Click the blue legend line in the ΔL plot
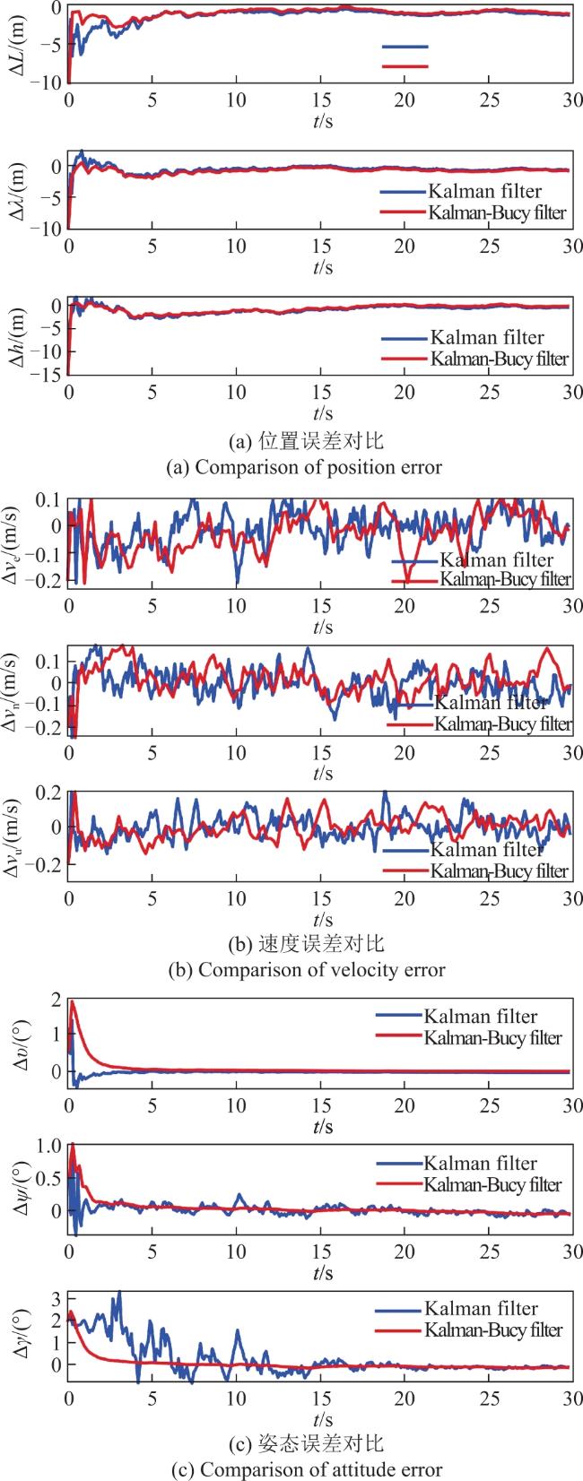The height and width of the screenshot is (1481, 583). (x=405, y=47)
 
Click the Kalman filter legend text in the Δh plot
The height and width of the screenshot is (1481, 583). (x=487, y=337)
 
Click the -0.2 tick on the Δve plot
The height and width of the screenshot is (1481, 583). (x=48, y=580)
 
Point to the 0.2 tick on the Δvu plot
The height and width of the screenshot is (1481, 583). (x=52, y=792)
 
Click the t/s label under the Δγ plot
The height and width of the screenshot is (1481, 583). (x=323, y=1419)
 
